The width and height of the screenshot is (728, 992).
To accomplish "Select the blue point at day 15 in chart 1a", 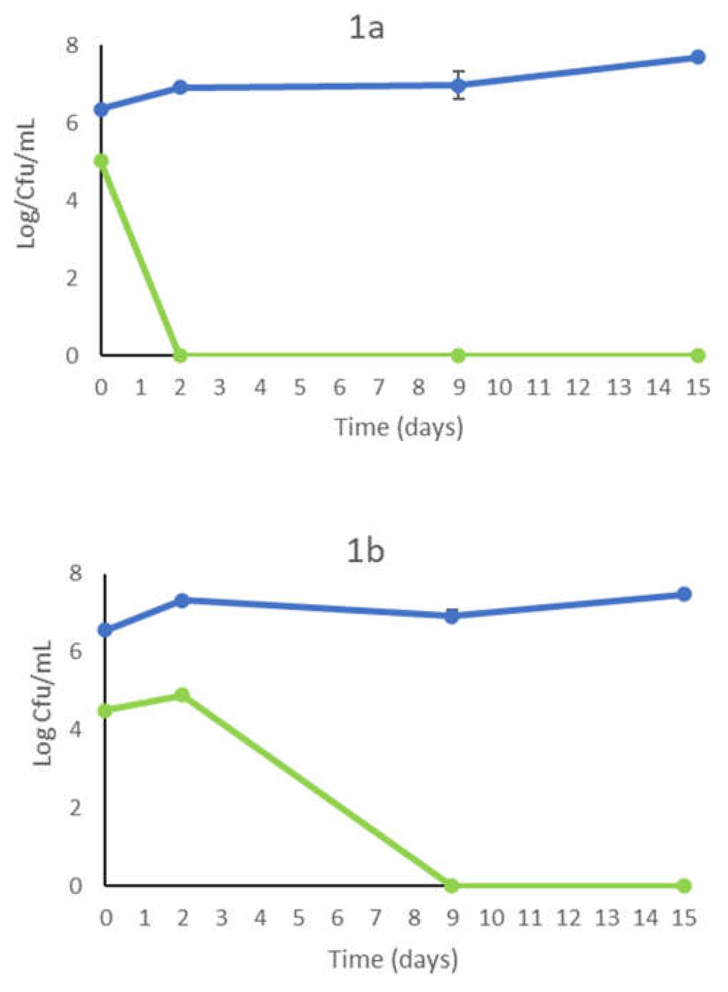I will [697, 57].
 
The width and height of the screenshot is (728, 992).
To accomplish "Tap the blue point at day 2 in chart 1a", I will [180, 87].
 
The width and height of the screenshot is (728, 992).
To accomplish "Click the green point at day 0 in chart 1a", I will [101, 161].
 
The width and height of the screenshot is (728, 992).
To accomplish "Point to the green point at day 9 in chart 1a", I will [458, 355].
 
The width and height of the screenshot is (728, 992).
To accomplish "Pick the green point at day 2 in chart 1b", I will [182, 695].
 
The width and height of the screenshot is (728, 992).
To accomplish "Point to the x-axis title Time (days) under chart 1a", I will [399, 427].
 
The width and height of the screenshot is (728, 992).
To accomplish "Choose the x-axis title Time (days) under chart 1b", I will [393, 959].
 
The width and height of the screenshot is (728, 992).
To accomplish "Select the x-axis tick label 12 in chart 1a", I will [578, 388].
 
